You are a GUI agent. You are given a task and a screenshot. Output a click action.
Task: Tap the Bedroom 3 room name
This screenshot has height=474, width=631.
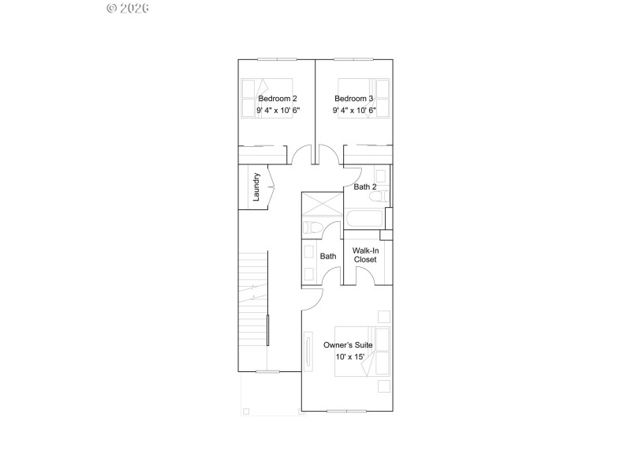click(354, 99)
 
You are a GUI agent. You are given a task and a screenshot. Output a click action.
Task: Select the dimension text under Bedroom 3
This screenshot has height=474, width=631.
click(354, 111)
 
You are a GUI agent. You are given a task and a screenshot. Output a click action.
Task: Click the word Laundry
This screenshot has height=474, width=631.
click(257, 187)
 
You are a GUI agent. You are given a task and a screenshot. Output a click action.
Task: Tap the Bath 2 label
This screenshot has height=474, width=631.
click(365, 187)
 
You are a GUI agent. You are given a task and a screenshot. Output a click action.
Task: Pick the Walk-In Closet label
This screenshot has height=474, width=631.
click(365, 254)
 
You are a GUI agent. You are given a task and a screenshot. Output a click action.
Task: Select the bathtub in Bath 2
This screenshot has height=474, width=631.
click(364, 218)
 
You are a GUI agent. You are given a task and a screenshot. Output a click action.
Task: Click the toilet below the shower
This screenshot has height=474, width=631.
click(312, 228)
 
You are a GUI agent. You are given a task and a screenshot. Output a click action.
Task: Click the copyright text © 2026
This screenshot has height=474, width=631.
click(128, 9)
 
